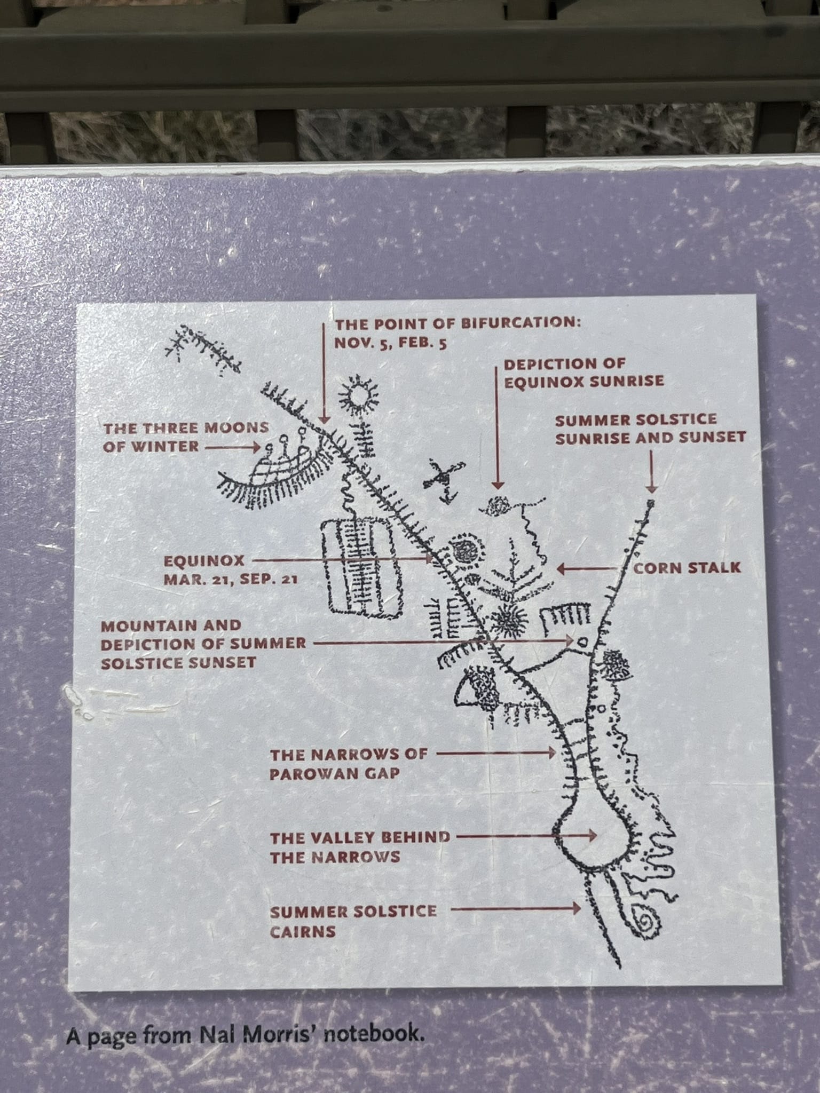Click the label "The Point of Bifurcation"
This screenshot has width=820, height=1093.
pos(457,324)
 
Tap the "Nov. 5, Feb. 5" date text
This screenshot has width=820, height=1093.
pos(390,343)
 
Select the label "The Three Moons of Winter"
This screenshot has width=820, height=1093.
pos(186,437)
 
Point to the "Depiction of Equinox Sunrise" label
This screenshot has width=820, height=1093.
pos(584,373)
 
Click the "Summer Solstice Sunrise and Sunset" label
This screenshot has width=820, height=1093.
pos(650,429)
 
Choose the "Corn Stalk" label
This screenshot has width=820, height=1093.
pos(687,567)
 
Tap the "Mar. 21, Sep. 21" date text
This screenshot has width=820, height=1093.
pos(230,580)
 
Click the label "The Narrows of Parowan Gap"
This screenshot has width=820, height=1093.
pos(349,764)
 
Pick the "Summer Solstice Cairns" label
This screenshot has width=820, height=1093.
pos(353,922)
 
